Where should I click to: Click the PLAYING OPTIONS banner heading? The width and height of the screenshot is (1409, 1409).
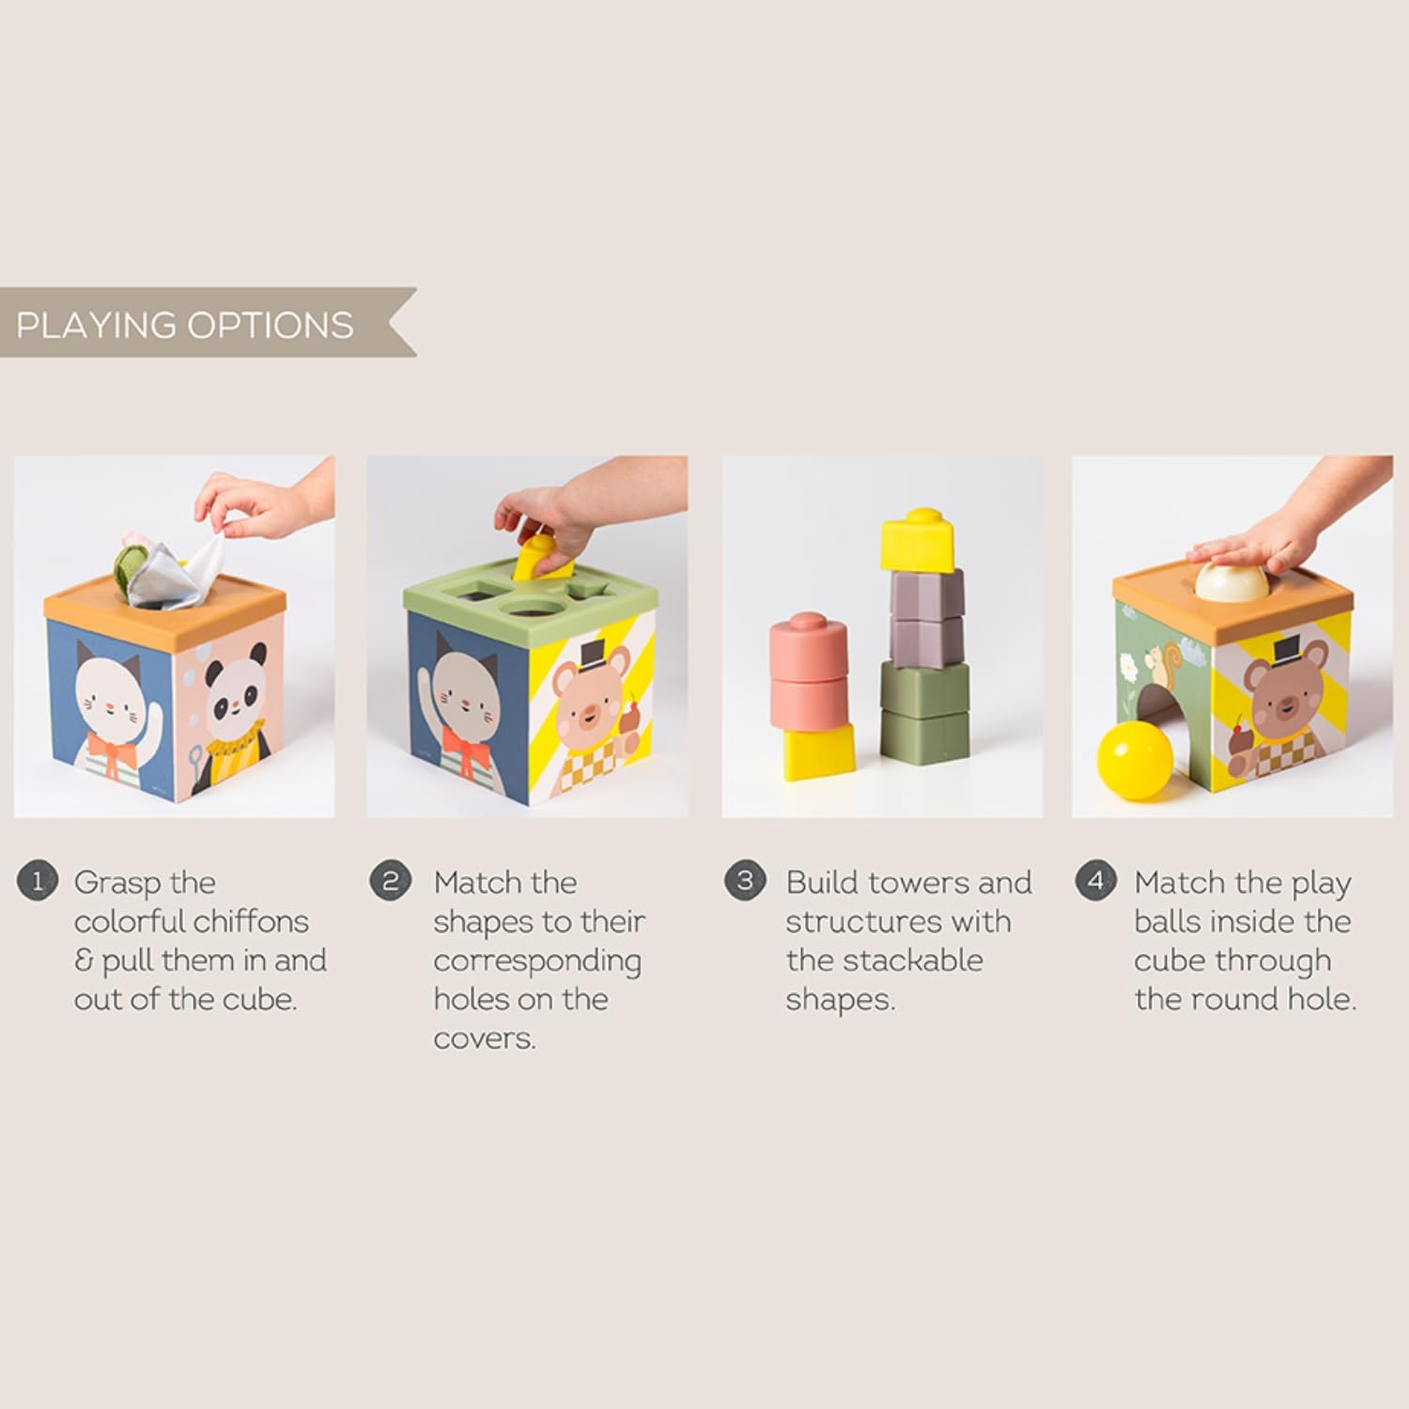(186, 325)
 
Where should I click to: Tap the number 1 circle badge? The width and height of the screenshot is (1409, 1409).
(38, 882)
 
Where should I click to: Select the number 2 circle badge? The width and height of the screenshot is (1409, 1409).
(390, 882)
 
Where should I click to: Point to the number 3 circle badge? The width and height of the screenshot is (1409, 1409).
(745, 881)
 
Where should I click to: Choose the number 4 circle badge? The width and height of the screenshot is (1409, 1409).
(1095, 882)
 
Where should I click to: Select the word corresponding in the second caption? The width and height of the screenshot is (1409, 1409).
(536, 962)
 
